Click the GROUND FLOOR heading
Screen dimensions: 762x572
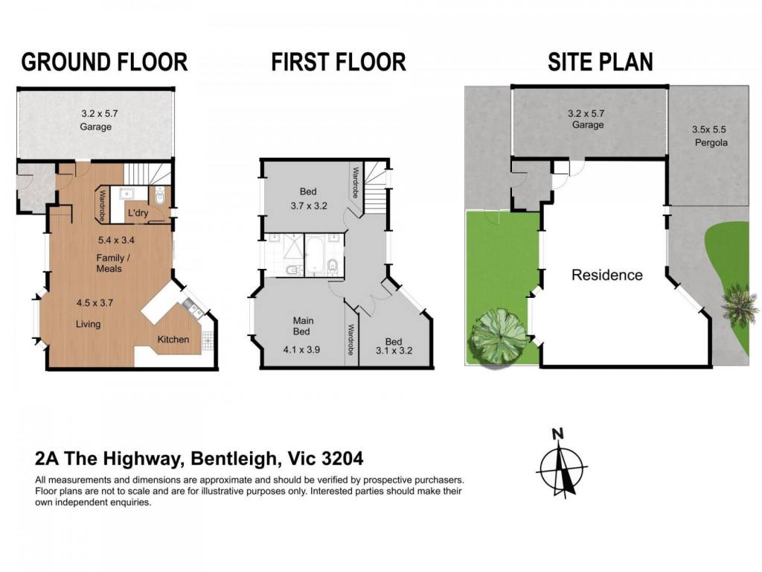click(104, 63)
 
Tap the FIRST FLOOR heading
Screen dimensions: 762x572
click(339, 63)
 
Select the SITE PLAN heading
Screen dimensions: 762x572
click(601, 63)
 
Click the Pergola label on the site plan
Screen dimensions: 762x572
click(711, 143)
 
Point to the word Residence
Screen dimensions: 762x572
click(607, 275)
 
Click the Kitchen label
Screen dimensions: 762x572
click(173, 340)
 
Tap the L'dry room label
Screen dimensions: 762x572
click(138, 213)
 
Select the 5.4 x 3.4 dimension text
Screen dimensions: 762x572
click(116, 240)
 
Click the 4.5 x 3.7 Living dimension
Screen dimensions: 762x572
click(95, 302)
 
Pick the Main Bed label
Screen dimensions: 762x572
click(303, 326)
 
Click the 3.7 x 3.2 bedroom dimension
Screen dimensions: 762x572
click(309, 206)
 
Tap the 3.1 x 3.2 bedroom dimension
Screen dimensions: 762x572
click(394, 350)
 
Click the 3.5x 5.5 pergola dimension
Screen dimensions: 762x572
click(709, 130)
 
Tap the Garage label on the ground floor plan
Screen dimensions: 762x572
click(96, 127)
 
